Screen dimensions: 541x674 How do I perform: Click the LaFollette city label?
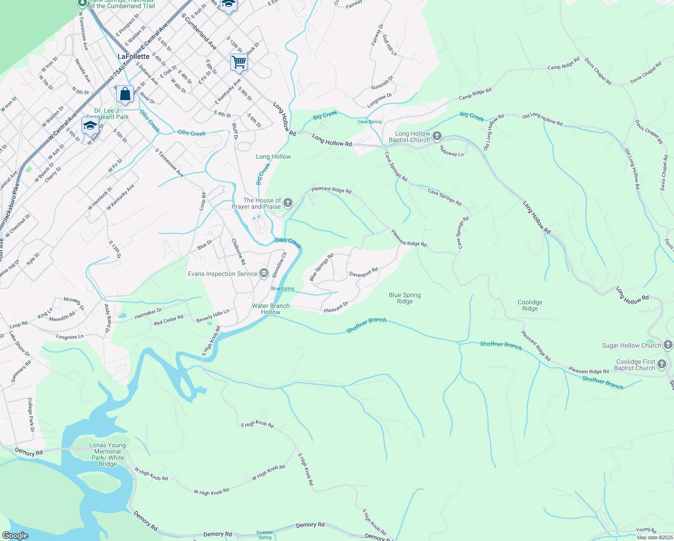[133, 56]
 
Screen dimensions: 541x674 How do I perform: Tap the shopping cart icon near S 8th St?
[239, 62]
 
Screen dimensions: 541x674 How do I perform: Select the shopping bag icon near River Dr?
[125, 94]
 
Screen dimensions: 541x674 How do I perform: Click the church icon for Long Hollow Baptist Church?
[437, 136]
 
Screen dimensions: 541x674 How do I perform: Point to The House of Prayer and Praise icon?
[288, 202]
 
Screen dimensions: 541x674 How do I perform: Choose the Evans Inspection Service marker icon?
[264, 273]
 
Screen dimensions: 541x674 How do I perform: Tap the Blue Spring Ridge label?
[405, 298]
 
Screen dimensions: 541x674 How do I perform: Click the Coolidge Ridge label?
[530, 305]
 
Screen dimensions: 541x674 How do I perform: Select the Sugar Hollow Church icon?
[668, 345]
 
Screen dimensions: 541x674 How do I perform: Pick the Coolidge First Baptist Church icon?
[661, 364]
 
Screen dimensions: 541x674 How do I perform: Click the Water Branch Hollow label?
[270, 309]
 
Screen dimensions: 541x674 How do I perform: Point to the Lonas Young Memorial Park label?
[108, 454]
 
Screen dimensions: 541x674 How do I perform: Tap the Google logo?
[15, 536]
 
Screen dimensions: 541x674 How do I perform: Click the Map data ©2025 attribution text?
[654, 537]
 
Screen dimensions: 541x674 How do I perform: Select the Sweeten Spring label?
[265, 535]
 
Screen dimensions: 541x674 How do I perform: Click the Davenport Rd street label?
[363, 272]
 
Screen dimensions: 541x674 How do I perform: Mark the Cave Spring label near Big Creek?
[369, 122]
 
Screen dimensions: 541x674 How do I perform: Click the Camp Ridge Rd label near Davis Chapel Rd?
[564, 64]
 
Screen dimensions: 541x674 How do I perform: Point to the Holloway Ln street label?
[451, 151]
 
